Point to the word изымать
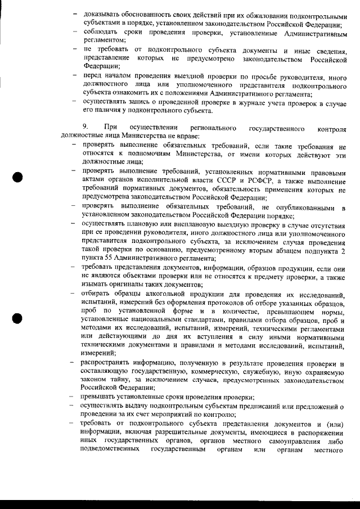(x=95, y=285)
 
